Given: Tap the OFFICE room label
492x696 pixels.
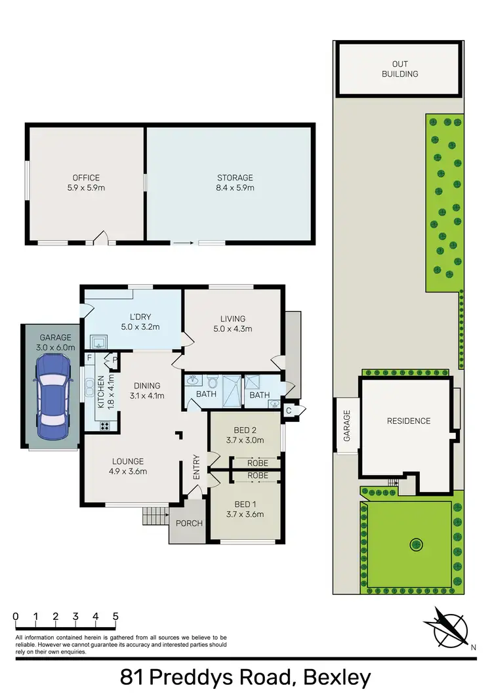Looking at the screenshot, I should pos(86,182).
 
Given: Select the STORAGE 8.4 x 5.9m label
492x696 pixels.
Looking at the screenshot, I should pos(235,182).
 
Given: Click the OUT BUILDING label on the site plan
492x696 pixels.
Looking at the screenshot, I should pos(400,69).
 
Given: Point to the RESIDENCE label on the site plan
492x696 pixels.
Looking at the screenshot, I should pos(408,420).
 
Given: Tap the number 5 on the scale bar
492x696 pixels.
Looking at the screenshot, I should pos(115,616).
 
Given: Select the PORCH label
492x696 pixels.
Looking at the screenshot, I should pos(190,523).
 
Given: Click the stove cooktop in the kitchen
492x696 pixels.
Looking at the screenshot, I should pos(105,426).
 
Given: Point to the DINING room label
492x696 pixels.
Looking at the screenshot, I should pos(147,390).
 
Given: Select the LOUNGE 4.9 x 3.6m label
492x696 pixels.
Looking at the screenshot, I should pos(127,466).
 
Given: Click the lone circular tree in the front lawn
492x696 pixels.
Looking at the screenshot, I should pos(415,543).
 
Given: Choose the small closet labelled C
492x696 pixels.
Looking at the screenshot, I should pos(289,411).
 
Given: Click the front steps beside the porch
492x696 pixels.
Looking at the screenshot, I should pos(155,516).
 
